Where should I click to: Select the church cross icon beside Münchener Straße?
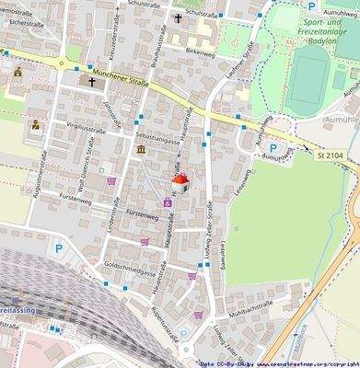click(x=92, y=82)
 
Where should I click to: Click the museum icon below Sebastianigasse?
click(x=140, y=149)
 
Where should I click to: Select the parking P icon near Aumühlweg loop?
click(x=272, y=148)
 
